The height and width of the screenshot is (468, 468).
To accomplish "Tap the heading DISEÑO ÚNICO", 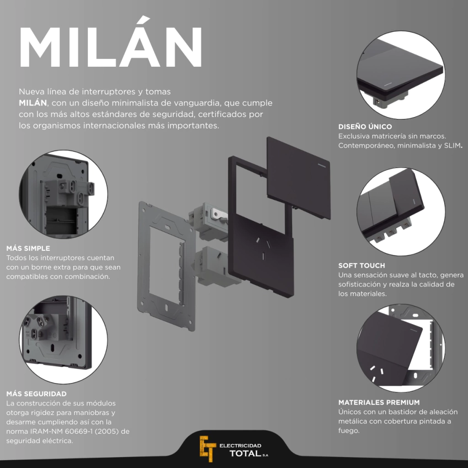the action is click(x=365, y=126).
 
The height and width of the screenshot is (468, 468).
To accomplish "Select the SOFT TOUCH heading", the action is click(x=362, y=266).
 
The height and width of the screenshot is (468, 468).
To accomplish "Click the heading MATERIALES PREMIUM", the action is click(x=379, y=402).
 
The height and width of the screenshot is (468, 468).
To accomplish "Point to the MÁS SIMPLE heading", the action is click(x=28, y=248).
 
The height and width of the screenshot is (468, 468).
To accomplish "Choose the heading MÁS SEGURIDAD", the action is click(x=37, y=394).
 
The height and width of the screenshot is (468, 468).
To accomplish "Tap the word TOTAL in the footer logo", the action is click(x=245, y=453).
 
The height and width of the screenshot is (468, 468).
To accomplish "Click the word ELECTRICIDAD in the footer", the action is click(x=240, y=446).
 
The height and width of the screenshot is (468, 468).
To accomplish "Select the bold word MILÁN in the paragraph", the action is click(x=33, y=103).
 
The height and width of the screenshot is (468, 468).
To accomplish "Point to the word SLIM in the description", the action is click(x=452, y=145).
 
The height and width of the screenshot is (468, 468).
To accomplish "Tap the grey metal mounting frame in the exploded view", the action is click(x=166, y=266).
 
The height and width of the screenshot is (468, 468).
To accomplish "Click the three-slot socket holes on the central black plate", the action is click(x=263, y=247).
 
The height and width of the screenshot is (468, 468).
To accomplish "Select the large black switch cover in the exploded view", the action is click(x=298, y=178).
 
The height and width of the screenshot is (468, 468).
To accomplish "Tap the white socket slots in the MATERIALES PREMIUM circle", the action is click(x=377, y=373).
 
